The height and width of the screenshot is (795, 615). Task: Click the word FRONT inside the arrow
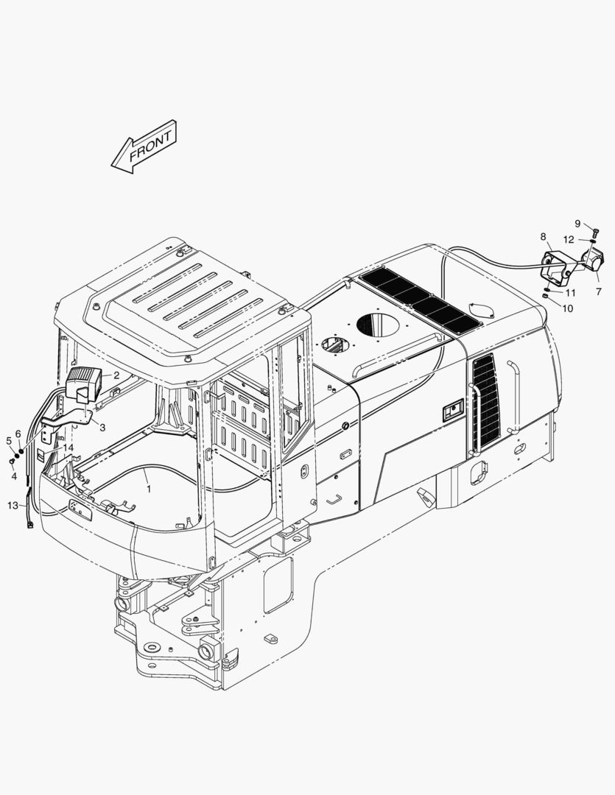coord(151,146)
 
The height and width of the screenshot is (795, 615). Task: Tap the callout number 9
coord(578,224)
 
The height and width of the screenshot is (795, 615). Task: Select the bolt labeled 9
coord(595,232)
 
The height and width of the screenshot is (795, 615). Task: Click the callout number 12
coord(569,240)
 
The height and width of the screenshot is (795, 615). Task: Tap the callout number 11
coord(570,293)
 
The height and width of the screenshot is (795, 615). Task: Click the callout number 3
coord(102,428)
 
